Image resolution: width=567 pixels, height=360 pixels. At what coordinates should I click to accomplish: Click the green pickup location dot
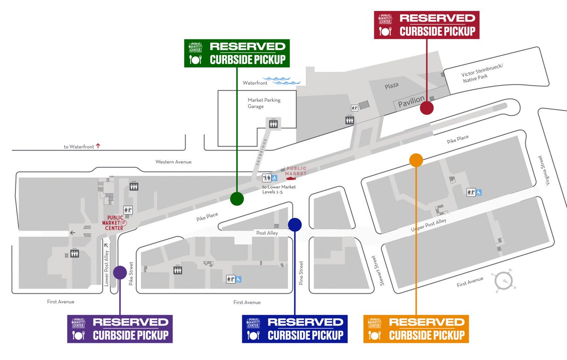237,199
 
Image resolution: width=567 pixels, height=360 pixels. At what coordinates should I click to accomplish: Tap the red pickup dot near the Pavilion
427,109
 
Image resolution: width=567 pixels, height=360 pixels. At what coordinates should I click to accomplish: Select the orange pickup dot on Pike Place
416,160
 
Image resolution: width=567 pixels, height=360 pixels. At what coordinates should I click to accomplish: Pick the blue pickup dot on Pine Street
295,225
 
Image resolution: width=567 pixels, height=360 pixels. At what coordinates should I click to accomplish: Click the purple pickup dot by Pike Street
120,272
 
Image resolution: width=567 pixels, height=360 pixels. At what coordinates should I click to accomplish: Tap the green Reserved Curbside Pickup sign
237,52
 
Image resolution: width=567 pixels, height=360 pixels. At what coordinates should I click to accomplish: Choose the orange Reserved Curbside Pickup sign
416,329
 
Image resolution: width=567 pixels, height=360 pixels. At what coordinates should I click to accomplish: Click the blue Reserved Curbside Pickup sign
295,329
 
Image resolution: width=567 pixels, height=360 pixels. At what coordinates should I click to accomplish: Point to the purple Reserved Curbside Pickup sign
120,329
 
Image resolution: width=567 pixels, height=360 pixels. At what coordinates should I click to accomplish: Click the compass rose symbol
504,282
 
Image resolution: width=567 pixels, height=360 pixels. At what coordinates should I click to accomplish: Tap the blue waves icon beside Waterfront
282,81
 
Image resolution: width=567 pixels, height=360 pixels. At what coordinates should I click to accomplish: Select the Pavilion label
411,102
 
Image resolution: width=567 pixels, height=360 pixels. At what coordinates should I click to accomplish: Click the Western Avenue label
173,162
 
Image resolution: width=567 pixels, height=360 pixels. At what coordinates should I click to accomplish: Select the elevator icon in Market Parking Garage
273,123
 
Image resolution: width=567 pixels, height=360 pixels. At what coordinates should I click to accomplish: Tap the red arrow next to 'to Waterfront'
98,146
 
